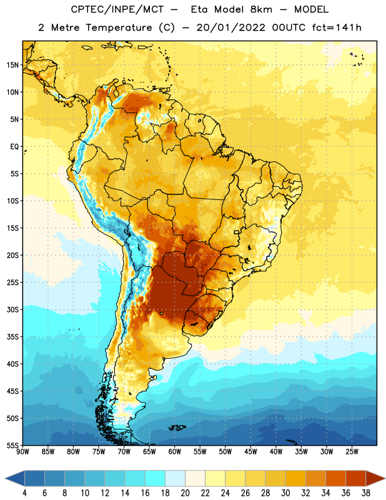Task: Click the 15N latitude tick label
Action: tap(12, 65)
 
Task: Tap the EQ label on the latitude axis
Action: tap(14, 147)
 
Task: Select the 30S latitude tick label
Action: tap(12, 309)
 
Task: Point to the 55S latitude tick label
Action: tap(12, 446)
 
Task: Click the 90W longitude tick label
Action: tap(22, 452)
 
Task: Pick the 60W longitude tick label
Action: tap(175, 452)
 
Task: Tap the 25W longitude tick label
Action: tap(352, 452)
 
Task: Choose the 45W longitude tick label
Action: tap(250, 452)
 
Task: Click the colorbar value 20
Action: tap(185, 493)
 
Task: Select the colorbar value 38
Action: tap(366, 493)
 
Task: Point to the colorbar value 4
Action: tap(24, 493)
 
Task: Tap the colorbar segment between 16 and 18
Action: tap(156, 479)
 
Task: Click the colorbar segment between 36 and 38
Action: tap(356, 479)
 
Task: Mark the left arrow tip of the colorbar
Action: tap(5, 479)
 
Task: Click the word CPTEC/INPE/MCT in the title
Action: tap(117, 9)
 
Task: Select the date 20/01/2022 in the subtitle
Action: tap(230, 27)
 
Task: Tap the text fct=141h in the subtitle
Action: tap(337, 27)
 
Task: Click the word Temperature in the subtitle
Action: tap(119, 28)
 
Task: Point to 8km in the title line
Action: tap(261, 9)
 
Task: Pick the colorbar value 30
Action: tap(285, 493)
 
